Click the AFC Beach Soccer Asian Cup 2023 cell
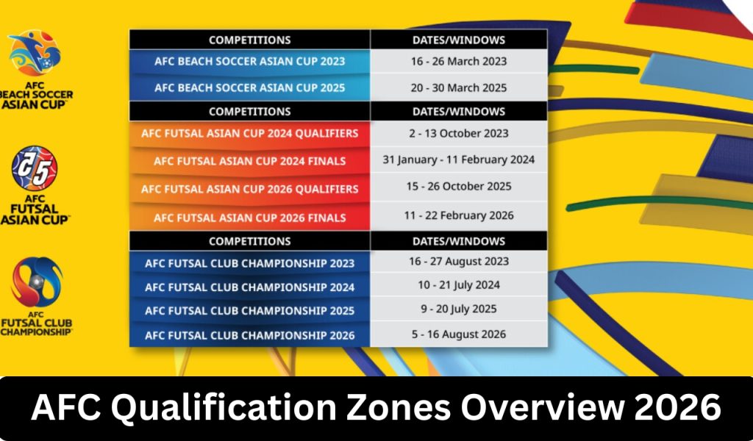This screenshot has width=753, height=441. coord(249,61)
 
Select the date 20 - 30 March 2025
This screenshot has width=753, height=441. coord(459,87)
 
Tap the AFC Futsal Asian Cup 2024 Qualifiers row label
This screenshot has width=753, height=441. coord(249,133)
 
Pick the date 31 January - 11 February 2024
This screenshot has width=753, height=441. coord(459,159)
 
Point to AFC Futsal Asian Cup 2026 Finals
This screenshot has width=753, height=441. coord(249,218)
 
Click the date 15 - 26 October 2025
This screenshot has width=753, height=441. coord(459,187)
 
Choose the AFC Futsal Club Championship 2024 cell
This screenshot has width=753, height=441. coord(249,287)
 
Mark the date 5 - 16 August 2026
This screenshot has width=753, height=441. coord(459,334)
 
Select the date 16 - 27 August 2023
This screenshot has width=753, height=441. coord(459,261)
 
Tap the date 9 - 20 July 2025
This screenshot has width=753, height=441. coord(459,309)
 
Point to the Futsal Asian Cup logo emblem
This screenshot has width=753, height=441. coord(33,168)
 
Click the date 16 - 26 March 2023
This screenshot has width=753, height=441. coord(459,61)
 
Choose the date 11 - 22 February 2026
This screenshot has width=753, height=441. coord(459,216)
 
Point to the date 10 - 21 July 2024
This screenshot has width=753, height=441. coord(459,284)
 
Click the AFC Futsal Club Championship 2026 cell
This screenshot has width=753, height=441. coord(249,335)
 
